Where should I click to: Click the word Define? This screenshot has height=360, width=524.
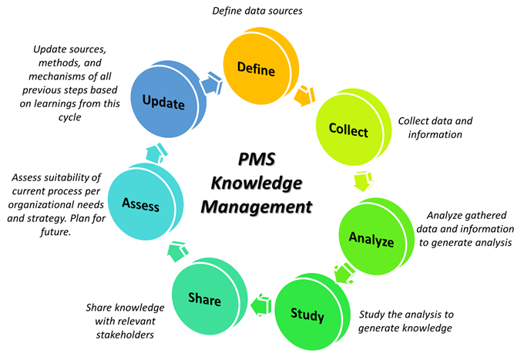[x=257, y=68]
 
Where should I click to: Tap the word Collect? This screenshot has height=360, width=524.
[x=348, y=131]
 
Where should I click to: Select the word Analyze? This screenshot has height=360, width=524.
[x=371, y=239]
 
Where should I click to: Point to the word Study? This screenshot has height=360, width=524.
[x=307, y=315]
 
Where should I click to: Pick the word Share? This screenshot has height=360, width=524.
[x=204, y=299]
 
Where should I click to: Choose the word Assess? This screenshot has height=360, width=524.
[x=140, y=204]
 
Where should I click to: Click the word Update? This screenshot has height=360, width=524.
[x=163, y=102]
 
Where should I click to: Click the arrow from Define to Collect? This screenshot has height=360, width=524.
[x=305, y=96]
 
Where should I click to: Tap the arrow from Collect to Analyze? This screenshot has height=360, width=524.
[x=361, y=182]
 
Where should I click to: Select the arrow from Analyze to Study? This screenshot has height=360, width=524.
[x=343, y=272]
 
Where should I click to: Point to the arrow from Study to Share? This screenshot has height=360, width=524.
[x=260, y=306]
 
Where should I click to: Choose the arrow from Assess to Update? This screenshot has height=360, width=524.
[x=155, y=152]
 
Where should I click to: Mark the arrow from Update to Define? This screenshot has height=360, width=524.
[x=210, y=80]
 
